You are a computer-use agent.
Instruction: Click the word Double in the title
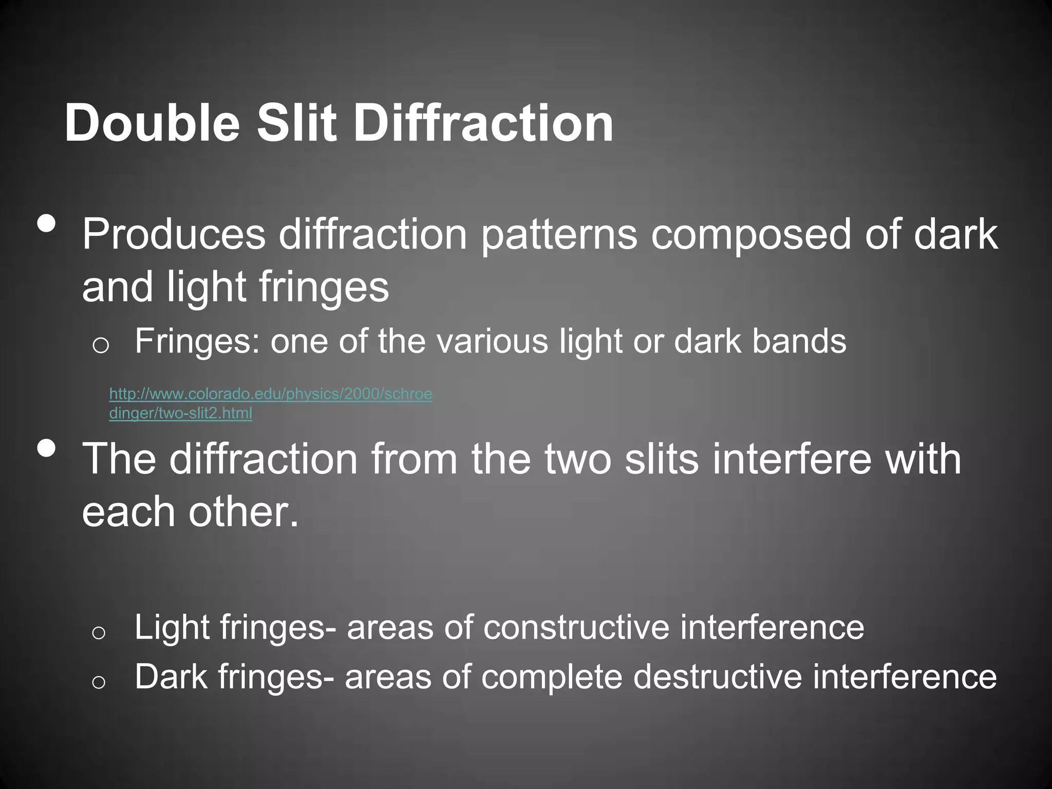152,123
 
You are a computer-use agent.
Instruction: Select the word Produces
174,234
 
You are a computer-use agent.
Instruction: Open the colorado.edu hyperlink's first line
271,394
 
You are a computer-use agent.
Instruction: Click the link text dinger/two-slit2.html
181,413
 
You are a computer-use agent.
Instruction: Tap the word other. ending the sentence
243,512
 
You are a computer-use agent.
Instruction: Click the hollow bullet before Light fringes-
99,632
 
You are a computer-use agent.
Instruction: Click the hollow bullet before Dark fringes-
99,682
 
